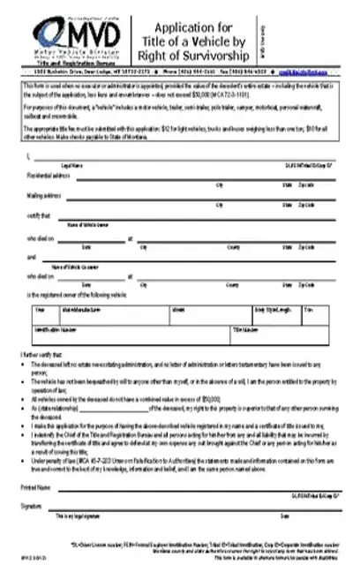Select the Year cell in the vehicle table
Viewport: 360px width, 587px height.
coord(40,311)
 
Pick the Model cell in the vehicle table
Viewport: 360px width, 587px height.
coord(178,311)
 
